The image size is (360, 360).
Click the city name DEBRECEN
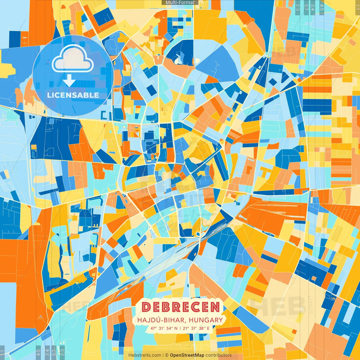pyautogui.click(x=181, y=307)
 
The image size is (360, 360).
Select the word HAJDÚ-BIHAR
pyautogui.click(x=161, y=320)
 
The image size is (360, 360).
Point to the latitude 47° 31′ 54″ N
pyautogui.click(x=164, y=328)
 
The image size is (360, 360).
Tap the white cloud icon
pyautogui.click(x=73, y=59)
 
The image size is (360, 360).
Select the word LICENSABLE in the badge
pyautogui.click(x=73, y=95)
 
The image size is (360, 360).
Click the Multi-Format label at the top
pyautogui.click(x=180, y=3)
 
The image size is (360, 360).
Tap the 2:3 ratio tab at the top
pyautogui.click(x=298, y=7)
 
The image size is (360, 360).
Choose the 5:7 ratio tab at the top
pyautogui.click(x=306, y=7)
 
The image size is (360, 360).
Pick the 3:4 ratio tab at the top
pyautogui.click(x=313, y=7)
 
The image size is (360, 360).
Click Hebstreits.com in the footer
pyautogui.click(x=145, y=355)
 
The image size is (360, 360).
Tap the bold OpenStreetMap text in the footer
pyautogui.click(x=187, y=355)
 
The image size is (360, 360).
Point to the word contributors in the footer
pyautogui.click(x=219, y=355)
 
